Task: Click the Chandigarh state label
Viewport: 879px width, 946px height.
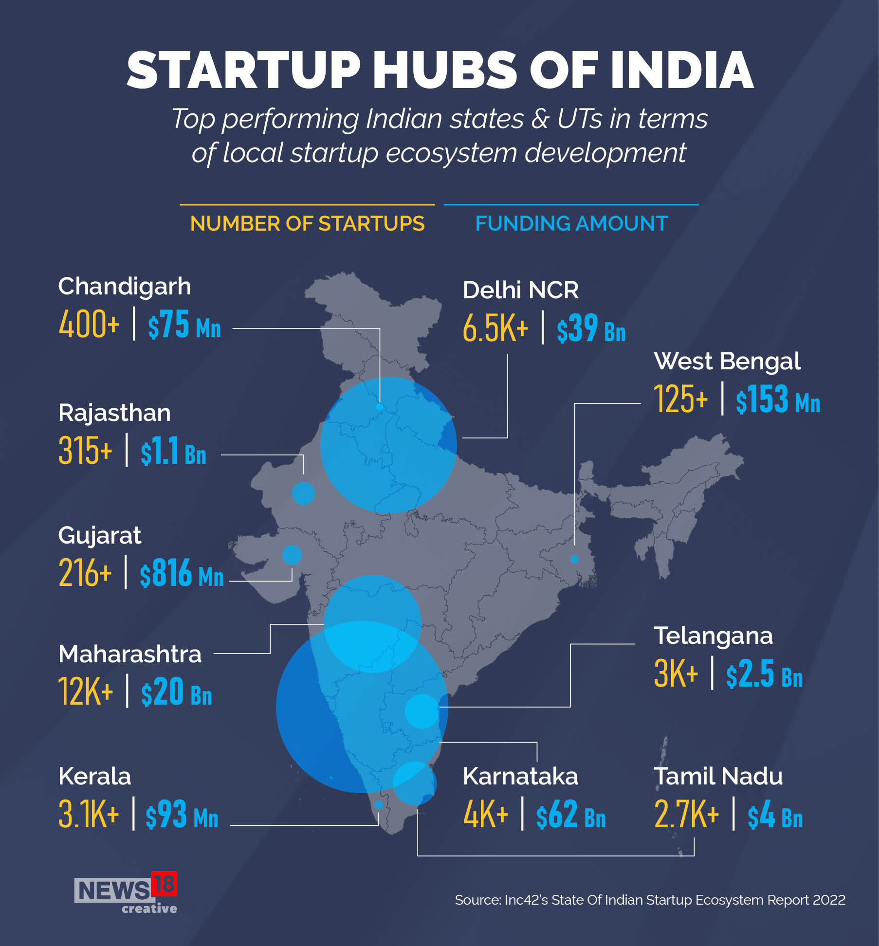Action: tap(125, 287)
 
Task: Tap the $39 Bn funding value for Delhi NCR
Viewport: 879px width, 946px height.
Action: tap(591, 328)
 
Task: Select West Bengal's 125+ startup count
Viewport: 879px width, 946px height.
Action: tap(680, 399)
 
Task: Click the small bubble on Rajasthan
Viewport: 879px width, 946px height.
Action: tap(303, 493)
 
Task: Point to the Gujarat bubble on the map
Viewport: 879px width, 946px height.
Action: tap(292, 555)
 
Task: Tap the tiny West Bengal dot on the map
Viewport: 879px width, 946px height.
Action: tap(574, 559)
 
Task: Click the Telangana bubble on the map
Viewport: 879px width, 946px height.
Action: tap(422, 711)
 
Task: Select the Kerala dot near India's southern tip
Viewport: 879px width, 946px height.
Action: tap(379, 805)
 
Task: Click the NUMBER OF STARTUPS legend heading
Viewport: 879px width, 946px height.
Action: tap(307, 224)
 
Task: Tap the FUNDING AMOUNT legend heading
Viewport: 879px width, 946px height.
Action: tap(571, 224)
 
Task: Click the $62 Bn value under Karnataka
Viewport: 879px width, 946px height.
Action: tap(570, 815)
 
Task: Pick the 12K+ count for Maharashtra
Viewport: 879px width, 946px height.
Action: tap(86, 691)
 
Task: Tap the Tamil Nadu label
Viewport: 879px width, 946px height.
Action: tap(718, 776)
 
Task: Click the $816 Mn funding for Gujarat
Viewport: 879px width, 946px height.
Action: tap(182, 573)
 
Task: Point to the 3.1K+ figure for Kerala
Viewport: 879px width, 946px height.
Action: tap(88, 814)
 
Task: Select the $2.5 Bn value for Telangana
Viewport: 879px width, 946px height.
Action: tap(764, 674)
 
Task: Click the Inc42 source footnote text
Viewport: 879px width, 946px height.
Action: tap(650, 900)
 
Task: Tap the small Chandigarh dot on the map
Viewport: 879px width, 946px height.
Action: tap(380, 407)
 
